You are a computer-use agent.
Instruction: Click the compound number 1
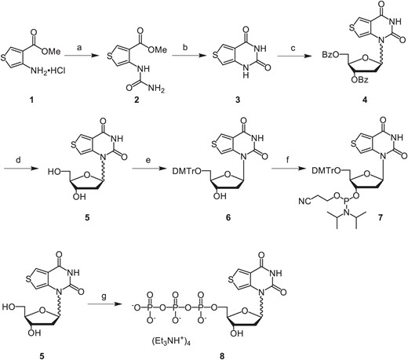point(32,100)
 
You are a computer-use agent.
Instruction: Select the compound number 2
point(136,100)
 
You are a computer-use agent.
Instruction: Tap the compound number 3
point(238,100)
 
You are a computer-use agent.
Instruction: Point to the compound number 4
point(365,100)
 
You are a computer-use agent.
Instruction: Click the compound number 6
point(228,217)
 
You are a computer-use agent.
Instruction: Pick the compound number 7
point(379,217)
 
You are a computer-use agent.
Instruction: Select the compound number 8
point(222,355)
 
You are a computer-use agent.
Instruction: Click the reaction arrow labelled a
point(82,56)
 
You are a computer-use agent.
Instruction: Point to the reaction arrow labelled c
point(293,56)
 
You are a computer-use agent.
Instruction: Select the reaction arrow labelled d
point(20,169)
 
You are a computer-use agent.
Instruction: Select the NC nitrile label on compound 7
point(304,201)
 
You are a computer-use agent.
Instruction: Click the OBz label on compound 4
point(360,80)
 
